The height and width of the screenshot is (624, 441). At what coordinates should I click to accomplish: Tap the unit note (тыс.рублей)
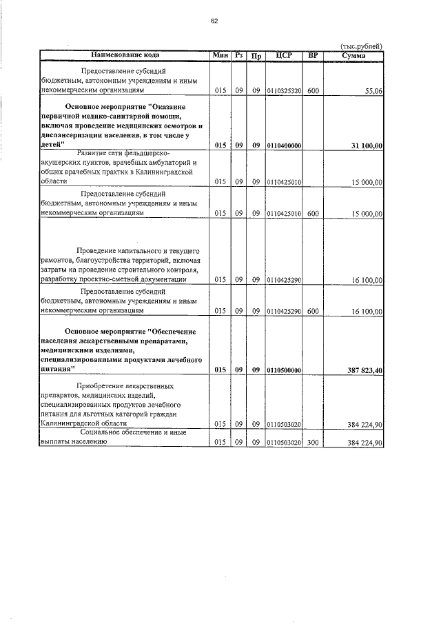[x=361, y=46]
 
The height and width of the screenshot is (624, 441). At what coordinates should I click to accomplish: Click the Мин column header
[x=220, y=54]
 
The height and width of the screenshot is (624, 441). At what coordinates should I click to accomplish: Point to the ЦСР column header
[x=284, y=54]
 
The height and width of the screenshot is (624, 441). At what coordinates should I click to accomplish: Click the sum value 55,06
[x=373, y=90]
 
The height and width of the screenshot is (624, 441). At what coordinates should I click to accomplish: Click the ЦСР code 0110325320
[x=284, y=90]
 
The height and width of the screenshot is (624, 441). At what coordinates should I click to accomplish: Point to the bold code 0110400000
[x=284, y=145]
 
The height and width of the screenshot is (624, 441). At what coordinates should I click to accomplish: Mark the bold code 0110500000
[x=284, y=370]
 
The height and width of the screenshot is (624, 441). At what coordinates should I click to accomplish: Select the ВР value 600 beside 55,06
[x=313, y=90]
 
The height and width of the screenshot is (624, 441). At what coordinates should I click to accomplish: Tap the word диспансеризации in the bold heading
[x=74, y=136]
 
